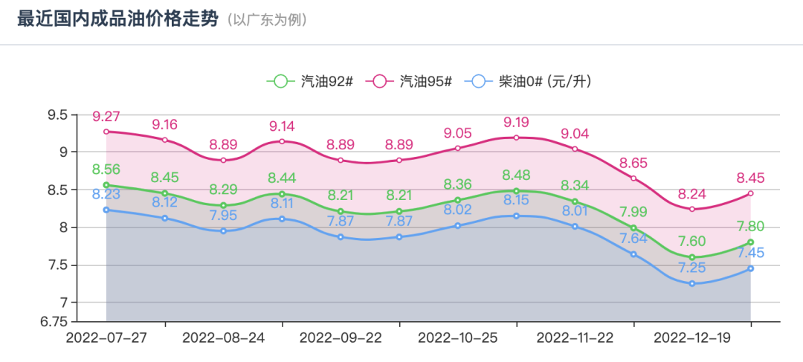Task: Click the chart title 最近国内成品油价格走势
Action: pyautogui.click(x=117, y=19)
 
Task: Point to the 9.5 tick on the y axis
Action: pyautogui.click(x=57, y=115)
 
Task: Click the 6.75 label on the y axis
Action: pyautogui.click(x=54, y=321)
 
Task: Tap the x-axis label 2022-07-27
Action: pyautogui.click(x=106, y=337)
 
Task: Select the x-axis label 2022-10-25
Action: pyautogui.click(x=458, y=337)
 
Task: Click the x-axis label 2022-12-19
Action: pyautogui.click(x=692, y=337)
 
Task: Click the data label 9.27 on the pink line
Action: pyautogui.click(x=106, y=117)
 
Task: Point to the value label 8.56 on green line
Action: pyautogui.click(x=106, y=169)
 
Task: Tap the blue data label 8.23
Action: pyautogui.click(x=106, y=195)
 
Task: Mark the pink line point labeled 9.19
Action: pyautogui.click(x=517, y=138)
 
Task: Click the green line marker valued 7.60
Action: pyautogui.click(x=692, y=257)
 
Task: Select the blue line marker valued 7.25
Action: pyautogui.click(x=692, y=283)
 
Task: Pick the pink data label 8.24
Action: pyautogui.click(x=692, y=194)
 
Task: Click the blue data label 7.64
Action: pyautogui.click(x=633, y=239)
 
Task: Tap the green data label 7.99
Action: pyautogui.click(x=633, y=213)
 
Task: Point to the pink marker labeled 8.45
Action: pyautogui.click(x=751, y=193)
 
